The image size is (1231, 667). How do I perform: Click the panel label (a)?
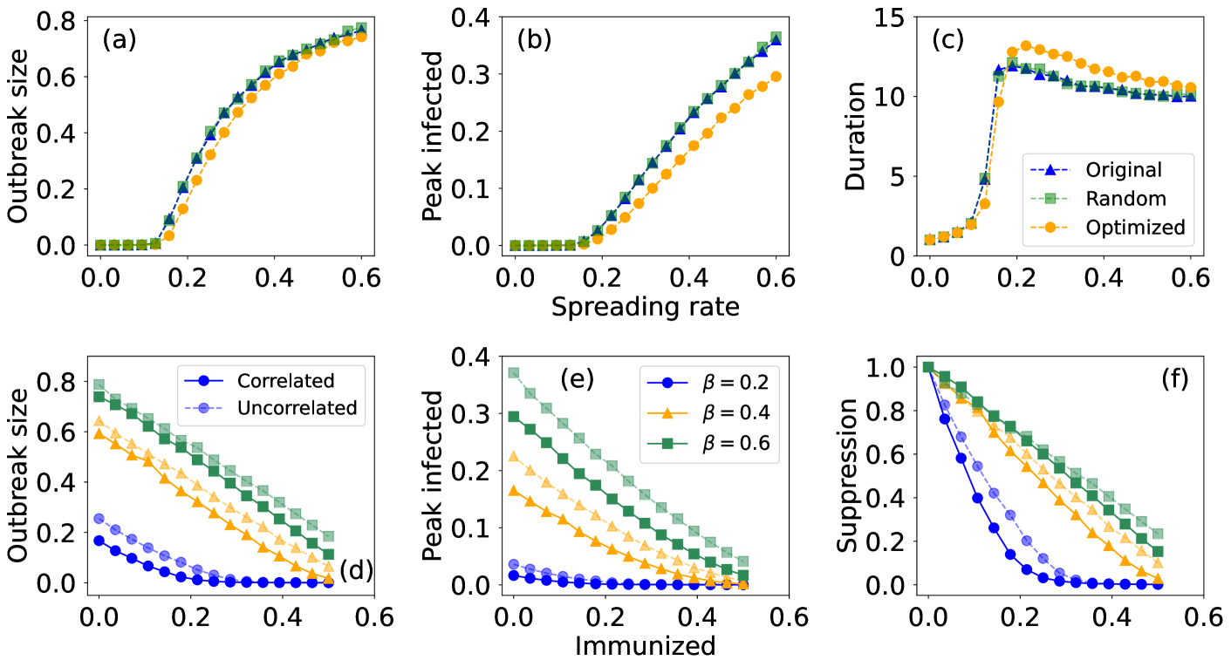coord(120,40)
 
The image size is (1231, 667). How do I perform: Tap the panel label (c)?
coord(946,40)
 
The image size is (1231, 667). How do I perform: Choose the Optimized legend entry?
coord(1135,228)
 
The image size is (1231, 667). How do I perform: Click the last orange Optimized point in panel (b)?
coord(774,77)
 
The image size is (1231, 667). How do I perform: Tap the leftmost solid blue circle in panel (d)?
coord(99,541)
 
